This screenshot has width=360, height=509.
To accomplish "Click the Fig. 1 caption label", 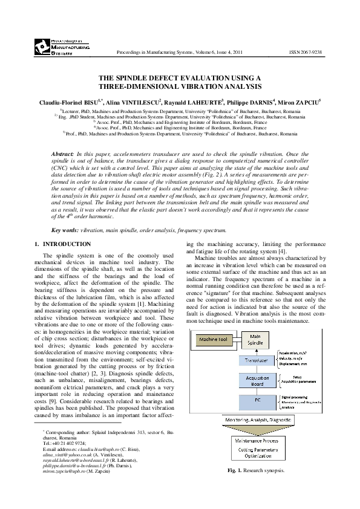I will coord(234,470).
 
